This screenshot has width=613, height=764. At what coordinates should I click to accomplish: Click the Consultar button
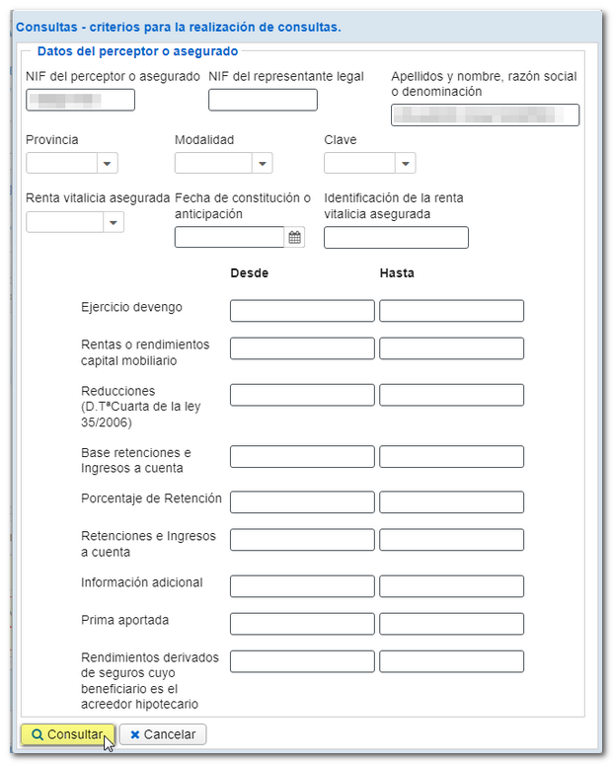[x=67, y=734]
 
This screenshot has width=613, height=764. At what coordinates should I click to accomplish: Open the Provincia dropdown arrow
[x=108, y=164]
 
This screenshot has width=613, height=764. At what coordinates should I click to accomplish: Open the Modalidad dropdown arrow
[x=262, y=164]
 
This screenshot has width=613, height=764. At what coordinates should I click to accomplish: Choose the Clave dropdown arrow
[x=405, y=164]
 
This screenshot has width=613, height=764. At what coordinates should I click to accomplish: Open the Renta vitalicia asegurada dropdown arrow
[x=115, y=222]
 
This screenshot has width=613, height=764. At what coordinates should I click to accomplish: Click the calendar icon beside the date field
[x=295, y=237]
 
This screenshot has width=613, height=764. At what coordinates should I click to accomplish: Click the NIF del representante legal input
[x=263, y=100]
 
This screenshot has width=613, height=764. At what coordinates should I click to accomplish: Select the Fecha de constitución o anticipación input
[x=229, y=237]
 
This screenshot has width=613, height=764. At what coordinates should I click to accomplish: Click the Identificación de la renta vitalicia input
[x=396, y=237]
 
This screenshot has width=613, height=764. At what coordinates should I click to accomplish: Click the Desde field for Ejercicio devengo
[x=302, y=311]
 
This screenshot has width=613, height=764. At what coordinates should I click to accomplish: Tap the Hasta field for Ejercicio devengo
[x=451, y=311]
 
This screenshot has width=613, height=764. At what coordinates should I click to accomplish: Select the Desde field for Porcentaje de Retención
[x=302, y=502]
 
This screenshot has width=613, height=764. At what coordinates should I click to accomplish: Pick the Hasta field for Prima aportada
[x=451, y=624]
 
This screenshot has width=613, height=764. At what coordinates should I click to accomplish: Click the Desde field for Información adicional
[x=302, y=586]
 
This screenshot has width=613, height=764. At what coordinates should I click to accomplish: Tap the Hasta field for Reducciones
[x=451, y=395]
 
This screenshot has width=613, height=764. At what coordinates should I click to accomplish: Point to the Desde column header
[x=249, y=273]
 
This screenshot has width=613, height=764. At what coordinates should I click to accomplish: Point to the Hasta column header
[x=397, y=273]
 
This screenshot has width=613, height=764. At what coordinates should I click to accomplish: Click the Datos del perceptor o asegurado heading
[x=137, y=50]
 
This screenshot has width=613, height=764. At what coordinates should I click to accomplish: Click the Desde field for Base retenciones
[x=302, y=456]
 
